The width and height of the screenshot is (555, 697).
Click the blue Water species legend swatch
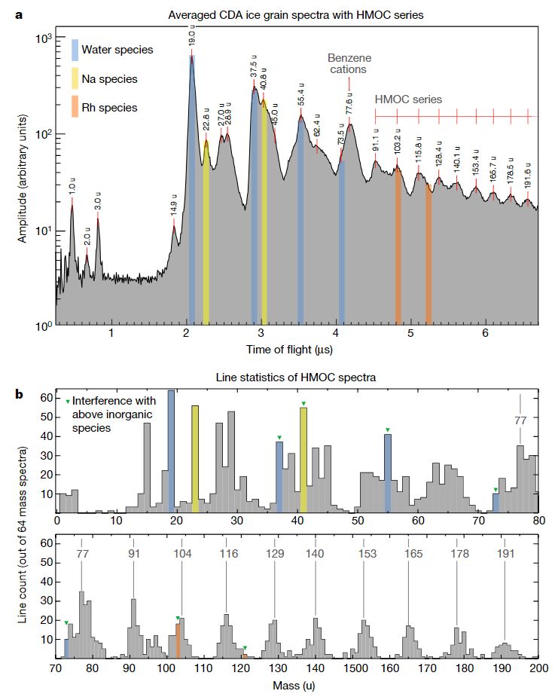point(75,50)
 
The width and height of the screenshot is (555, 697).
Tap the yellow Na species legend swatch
point(75,79)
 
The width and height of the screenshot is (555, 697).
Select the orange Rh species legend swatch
point(75,108)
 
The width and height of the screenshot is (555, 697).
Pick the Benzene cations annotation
point(346,63)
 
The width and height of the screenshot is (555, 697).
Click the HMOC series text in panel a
point(408,99)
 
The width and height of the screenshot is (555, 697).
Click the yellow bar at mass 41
point(303,460)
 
